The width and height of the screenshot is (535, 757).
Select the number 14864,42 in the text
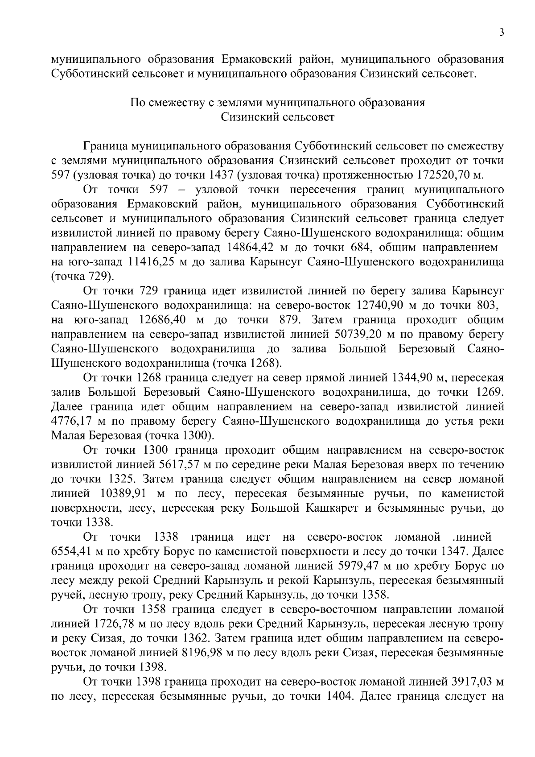(253, 247)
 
